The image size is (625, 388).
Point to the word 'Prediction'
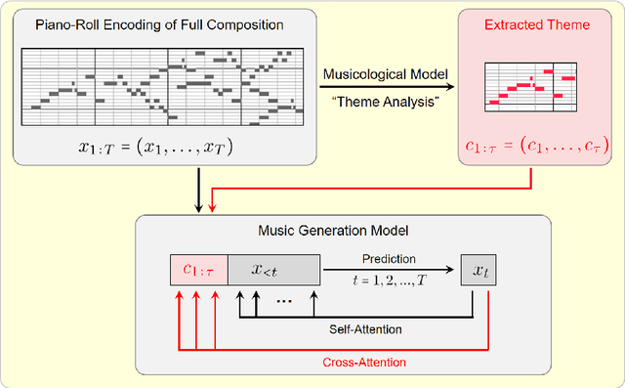(x=390, y=260)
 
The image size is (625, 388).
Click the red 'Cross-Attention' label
(x=363, y=362)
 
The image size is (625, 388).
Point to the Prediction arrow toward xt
(x=391, y=270)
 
